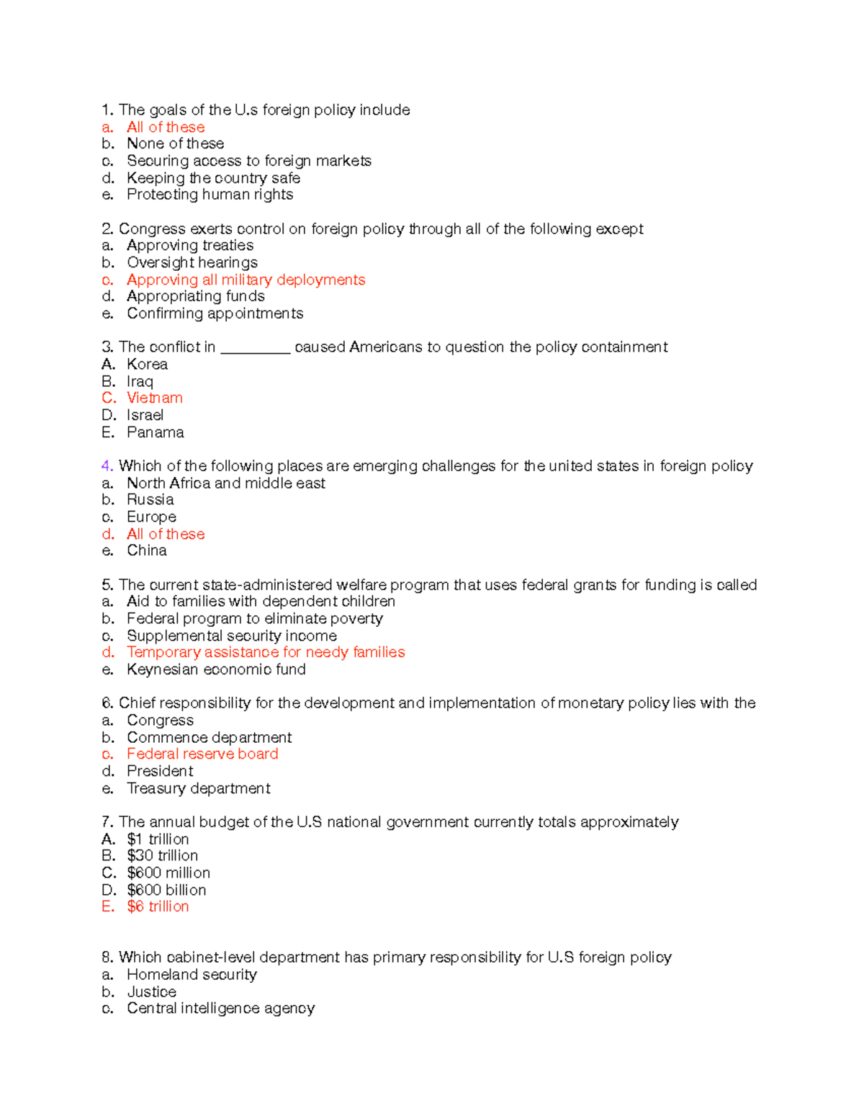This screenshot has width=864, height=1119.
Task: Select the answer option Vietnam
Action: (154, 398)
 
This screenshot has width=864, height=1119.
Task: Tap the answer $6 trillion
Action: (158, 906)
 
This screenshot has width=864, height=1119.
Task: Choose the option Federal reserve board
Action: (202, 754)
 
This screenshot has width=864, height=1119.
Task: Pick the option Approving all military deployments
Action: (246, 280)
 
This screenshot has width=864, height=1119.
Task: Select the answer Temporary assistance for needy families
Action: (266, 652)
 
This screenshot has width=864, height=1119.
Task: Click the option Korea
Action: (147, 365)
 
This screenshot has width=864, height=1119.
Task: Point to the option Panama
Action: (155, 432)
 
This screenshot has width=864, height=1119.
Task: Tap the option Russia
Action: (150, 499)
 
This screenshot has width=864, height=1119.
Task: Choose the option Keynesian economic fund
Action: (216, 669)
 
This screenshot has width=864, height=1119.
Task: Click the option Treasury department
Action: (198, 788)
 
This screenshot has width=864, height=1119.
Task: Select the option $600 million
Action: (168, 873)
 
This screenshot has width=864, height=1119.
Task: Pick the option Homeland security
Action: (192, 974)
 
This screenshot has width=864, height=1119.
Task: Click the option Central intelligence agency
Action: (220, 1008)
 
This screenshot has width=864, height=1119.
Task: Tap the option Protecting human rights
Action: (210, 195)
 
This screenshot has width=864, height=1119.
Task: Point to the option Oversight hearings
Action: (192, 262)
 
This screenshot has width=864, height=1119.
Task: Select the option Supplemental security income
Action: (231, 636)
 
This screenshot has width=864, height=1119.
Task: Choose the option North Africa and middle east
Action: (225, 483)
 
